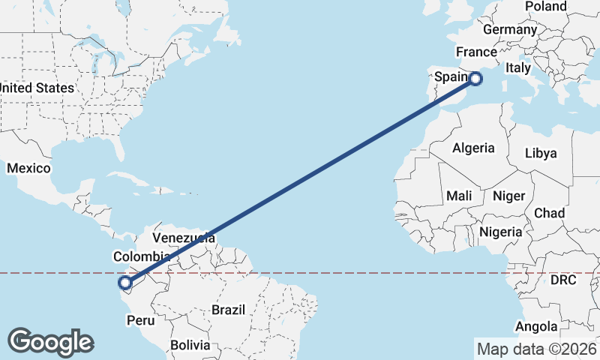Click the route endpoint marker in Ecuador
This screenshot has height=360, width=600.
(x=125, y=283)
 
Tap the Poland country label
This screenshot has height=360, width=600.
(x=545, y=6)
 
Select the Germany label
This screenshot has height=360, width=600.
(x=510, y=29)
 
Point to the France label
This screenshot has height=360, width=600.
(x=476, y=52)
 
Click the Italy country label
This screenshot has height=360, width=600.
(x=517, y=67)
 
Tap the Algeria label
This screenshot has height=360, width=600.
(x=473, y=148)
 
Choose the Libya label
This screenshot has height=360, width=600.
(x=541, y=153)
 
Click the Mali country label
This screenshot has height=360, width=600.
(x=459, y=195)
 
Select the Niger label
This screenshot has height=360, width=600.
(x=508, y=195)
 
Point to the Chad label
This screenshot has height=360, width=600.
(x=549, y=214)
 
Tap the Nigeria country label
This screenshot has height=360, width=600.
(x=500, y=232)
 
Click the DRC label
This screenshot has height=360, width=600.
(x=562, y=280)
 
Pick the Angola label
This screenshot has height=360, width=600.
(x=536, y=326)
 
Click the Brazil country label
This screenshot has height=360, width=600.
(x=229, y=309)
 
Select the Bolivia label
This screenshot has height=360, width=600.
(x=189, y=345)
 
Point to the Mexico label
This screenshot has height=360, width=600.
(x=28, y=168)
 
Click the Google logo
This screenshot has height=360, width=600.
(x=50, y=341)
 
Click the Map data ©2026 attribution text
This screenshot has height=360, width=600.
(x=536, y=349)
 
